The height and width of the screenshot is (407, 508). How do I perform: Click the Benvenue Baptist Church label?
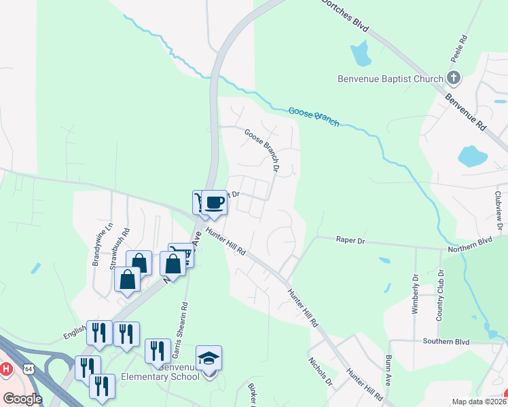tap(390, 79)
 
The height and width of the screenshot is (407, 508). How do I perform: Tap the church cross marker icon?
tap(454, 78)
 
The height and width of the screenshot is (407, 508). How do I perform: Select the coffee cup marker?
tap(215, 202)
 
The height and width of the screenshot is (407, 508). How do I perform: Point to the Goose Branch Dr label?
tap(262, 149)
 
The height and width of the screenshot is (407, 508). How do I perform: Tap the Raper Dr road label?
tap(350, 239)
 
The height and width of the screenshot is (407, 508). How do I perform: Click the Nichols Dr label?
tap(320, 370)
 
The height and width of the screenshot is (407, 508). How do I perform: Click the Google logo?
tap(22, 398)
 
